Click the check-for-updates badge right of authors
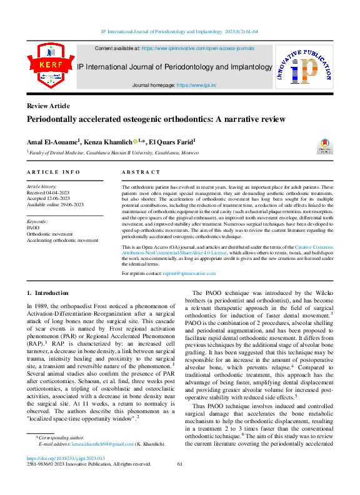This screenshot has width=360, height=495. [x=325, y=146]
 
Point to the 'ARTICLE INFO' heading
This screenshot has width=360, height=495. [x=53, y=172]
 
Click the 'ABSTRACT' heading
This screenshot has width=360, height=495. [x=141, y=172]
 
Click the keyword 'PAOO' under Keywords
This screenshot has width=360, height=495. [x=34, y=228]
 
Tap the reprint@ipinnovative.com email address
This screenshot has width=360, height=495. [x=176, y=273]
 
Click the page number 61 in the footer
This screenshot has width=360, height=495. [x=179, y=464]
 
